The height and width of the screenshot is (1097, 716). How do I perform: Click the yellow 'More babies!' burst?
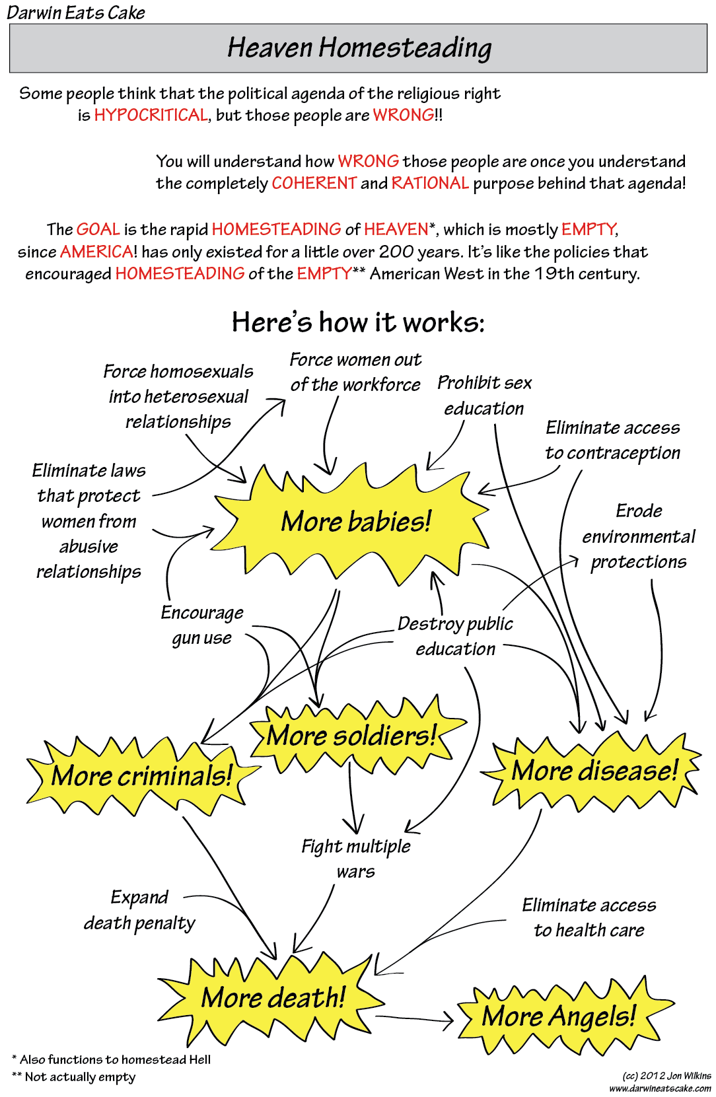[x=355, y=522]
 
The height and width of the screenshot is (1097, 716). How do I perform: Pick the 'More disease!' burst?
[x=594, y=771]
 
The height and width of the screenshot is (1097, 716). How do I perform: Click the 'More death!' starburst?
[x=273, y=997]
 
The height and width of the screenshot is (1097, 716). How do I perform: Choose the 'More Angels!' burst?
[x=559, y=1016]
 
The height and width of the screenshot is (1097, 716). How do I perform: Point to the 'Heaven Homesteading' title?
[x=359, y=48]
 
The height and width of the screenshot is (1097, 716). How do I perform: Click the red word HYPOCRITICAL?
[x=151, y=116]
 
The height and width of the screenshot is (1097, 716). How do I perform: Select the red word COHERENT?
[x=314, y=183]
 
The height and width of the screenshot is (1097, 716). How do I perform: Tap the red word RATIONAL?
[x=430, y=183]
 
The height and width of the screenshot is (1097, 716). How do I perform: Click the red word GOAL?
[x=98, y=229]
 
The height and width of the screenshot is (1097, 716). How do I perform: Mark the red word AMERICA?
[x=96, y=252]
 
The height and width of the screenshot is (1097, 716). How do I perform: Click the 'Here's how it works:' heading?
[x=358, y=322]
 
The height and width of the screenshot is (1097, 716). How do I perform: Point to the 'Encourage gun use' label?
[x=202, y=625]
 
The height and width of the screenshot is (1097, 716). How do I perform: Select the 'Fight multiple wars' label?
[x=356, y=859]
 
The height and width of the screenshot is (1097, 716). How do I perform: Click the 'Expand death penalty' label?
[x=139, y=910]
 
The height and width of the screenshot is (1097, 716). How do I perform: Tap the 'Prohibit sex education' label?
[x=484, y=396]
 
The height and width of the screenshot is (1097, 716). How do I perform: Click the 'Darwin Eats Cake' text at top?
[x=76, y=13]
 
